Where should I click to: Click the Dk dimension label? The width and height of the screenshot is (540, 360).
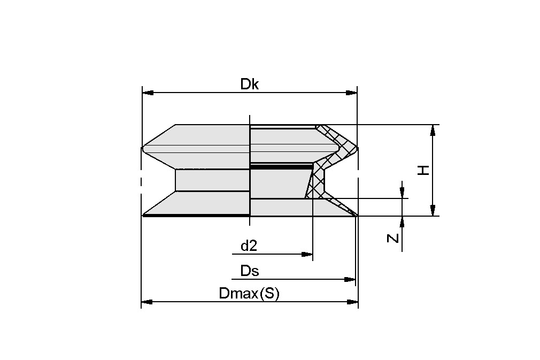coord(249,84)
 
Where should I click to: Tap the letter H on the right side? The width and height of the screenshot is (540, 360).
coord(423,171)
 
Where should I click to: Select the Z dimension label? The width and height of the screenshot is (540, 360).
coord(393,238)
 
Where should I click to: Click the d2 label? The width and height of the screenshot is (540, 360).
coord(249,246)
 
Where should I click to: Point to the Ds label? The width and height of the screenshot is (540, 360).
coord(250,271)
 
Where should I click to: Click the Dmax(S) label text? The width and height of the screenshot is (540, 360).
coord(249,294)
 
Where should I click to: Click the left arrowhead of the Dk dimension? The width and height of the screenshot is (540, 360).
coord(148,93)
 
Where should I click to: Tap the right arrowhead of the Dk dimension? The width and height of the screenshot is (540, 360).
coord(351,93)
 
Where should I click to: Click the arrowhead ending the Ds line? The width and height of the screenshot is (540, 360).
coord(350,279)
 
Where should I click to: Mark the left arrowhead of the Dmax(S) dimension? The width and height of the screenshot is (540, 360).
coord(148,302)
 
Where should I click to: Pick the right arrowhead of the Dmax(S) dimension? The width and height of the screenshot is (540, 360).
coord(352,302)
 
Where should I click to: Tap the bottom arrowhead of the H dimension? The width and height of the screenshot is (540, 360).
coord(433,210)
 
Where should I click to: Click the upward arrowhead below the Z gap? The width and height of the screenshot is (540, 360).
coord(402,221)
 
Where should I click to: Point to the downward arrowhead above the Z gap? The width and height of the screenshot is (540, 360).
coord(402,193)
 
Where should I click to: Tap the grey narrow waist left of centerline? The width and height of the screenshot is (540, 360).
coord(212,180)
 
